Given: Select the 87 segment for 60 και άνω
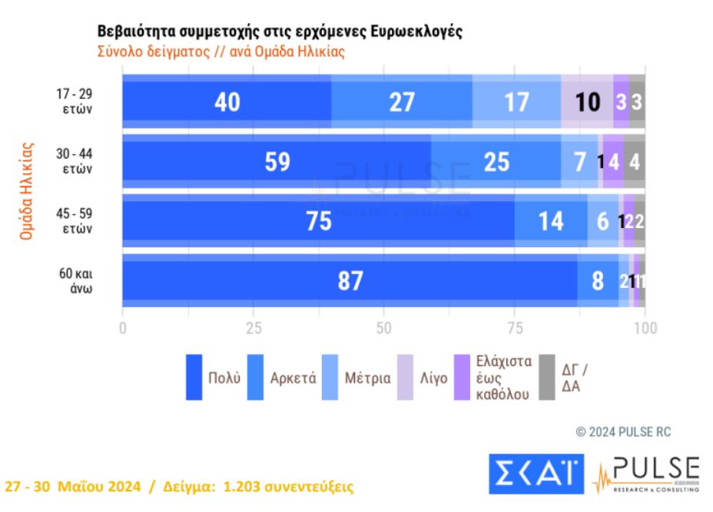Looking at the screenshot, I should click(350, 281).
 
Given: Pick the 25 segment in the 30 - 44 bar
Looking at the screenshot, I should click(496, 162).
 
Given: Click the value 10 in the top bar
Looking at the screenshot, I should click(588, 102).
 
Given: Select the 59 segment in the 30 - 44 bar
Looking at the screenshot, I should click(276, 162).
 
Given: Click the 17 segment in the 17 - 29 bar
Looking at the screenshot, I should click(516, 102).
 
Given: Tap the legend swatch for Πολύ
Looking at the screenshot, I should click(194, 377).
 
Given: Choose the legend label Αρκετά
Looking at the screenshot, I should click(293, 378).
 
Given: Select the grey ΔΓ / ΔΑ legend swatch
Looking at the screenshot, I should click(546, 377).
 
